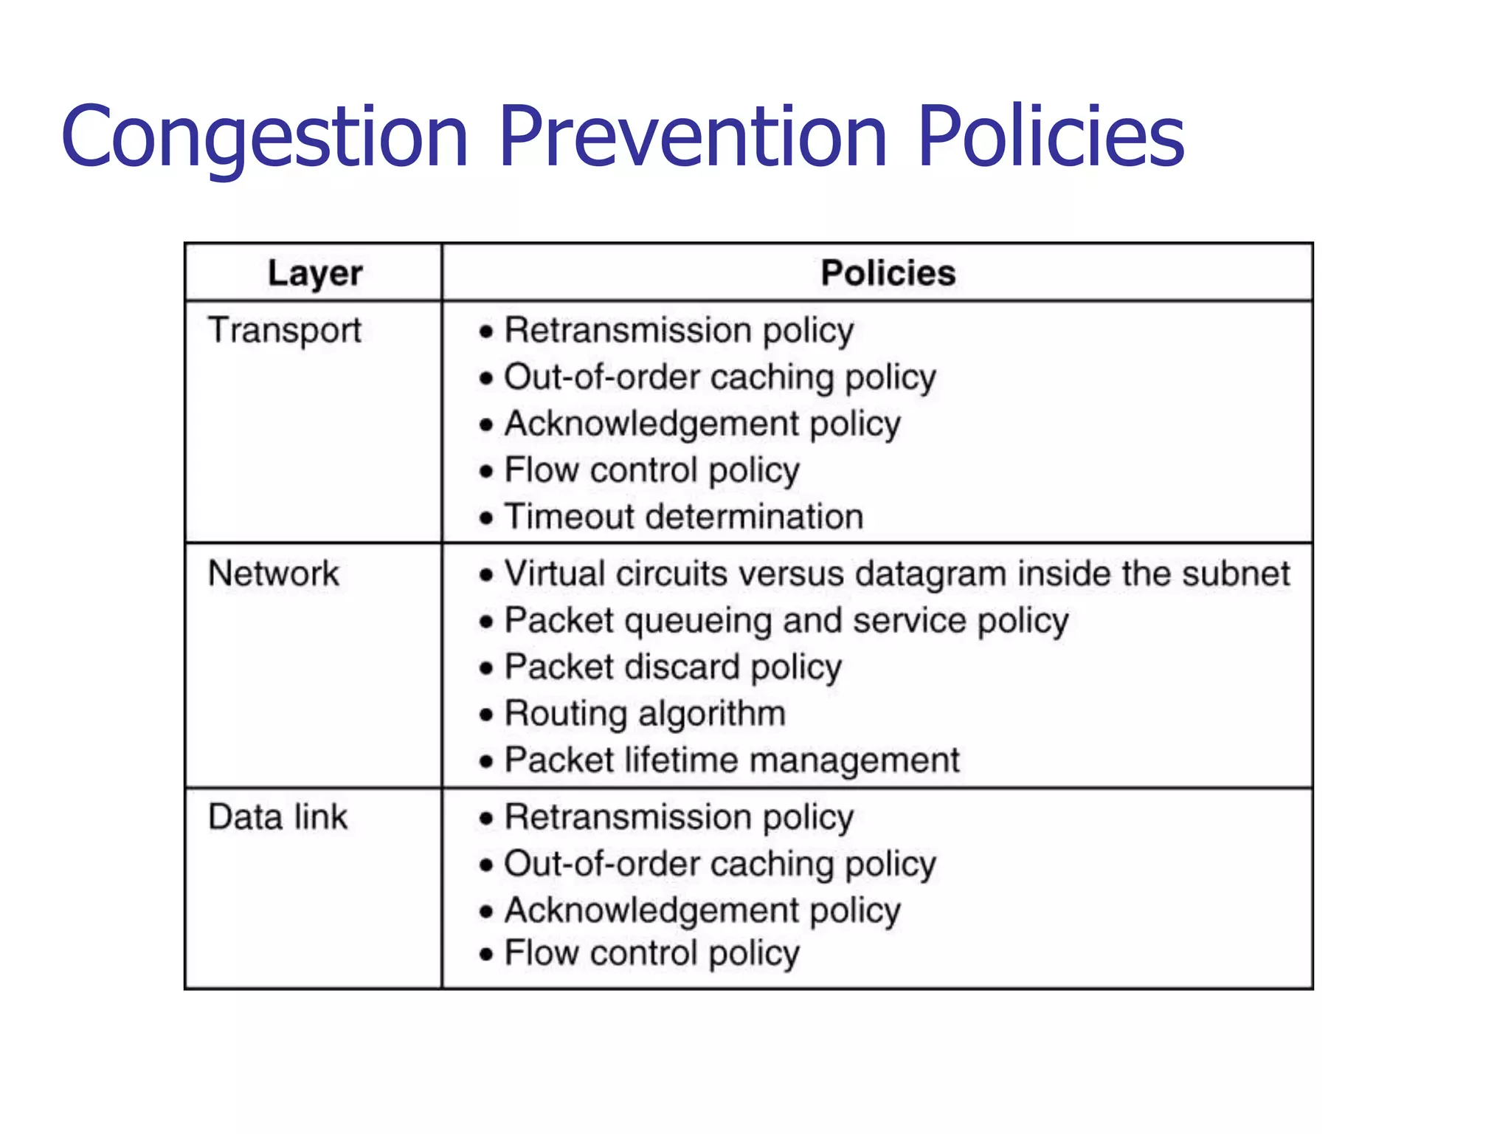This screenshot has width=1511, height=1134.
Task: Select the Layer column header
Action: [314, 273]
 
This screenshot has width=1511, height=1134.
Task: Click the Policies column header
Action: [888, 273]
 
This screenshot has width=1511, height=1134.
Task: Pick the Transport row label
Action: [285, 330]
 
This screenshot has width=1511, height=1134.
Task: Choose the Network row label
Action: [273, 574]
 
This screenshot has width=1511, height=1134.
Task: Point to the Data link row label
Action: [277, 817]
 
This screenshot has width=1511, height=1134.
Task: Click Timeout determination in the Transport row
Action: [683, 517]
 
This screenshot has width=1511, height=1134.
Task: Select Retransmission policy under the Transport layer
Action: [679, 330]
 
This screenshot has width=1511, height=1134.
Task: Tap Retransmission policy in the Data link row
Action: [679, 817]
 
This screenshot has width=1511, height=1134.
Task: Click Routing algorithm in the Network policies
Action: [645, 714]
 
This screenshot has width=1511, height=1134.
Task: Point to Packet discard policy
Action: [673, 667]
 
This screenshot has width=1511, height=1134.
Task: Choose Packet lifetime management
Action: [732, 760]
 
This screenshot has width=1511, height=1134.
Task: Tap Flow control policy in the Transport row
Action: [652, 470]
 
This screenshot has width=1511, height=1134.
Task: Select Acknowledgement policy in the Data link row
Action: [702, 910]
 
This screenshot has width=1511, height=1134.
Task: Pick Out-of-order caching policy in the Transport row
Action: [720, 377]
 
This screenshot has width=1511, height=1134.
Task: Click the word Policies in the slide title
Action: [1051, 137]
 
